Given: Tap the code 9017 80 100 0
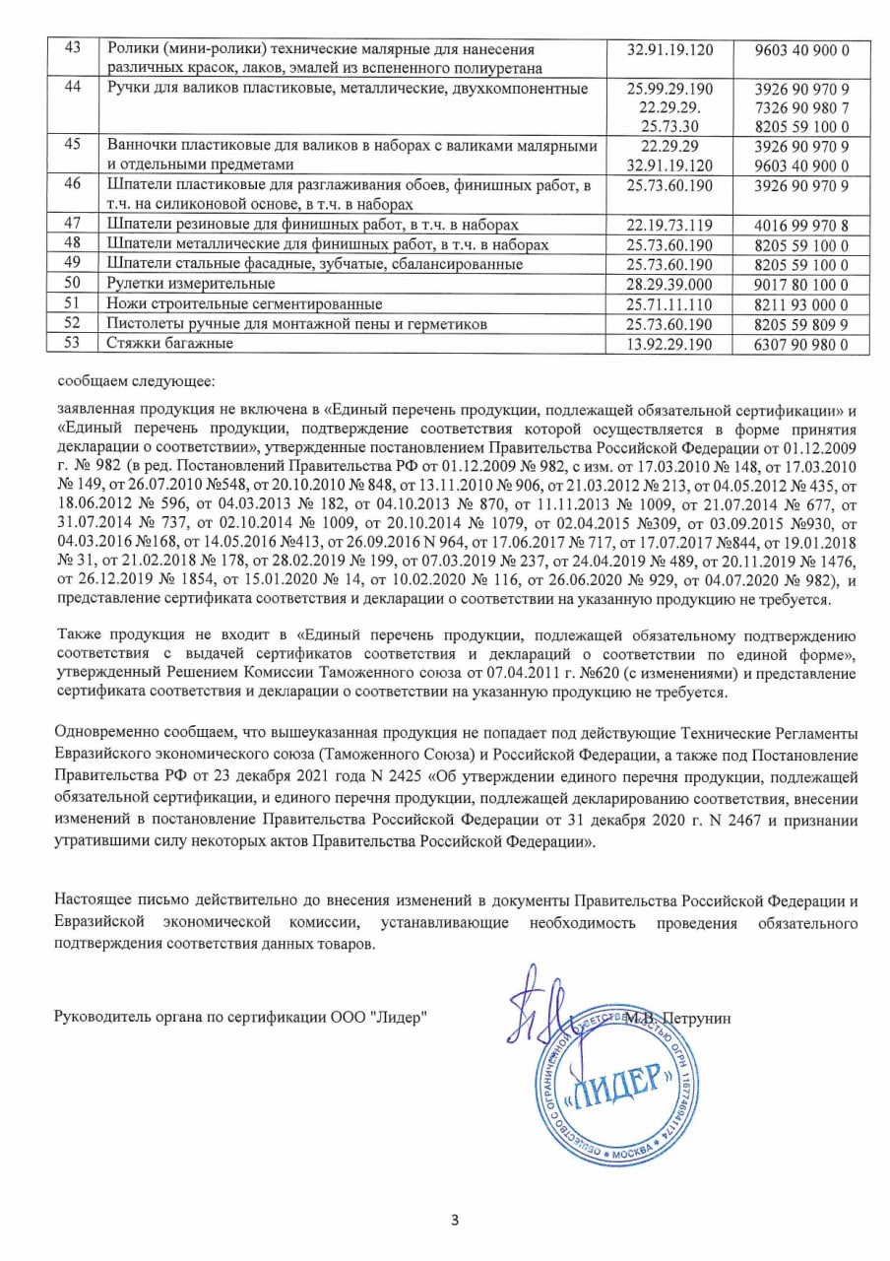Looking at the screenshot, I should (x=800, y=284).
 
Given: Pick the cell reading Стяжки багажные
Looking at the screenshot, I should (x=169, y=344).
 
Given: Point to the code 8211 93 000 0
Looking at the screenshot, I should (x=800, y=303).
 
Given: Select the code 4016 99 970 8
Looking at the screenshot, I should (x=800, y=224).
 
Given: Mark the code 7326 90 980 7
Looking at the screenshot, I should (x=800, y=107).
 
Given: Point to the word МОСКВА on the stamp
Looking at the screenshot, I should (x=629, y=1150).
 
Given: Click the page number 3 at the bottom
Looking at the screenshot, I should (x=455, y=1221).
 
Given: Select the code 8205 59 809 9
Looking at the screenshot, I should (x=800, y=323).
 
